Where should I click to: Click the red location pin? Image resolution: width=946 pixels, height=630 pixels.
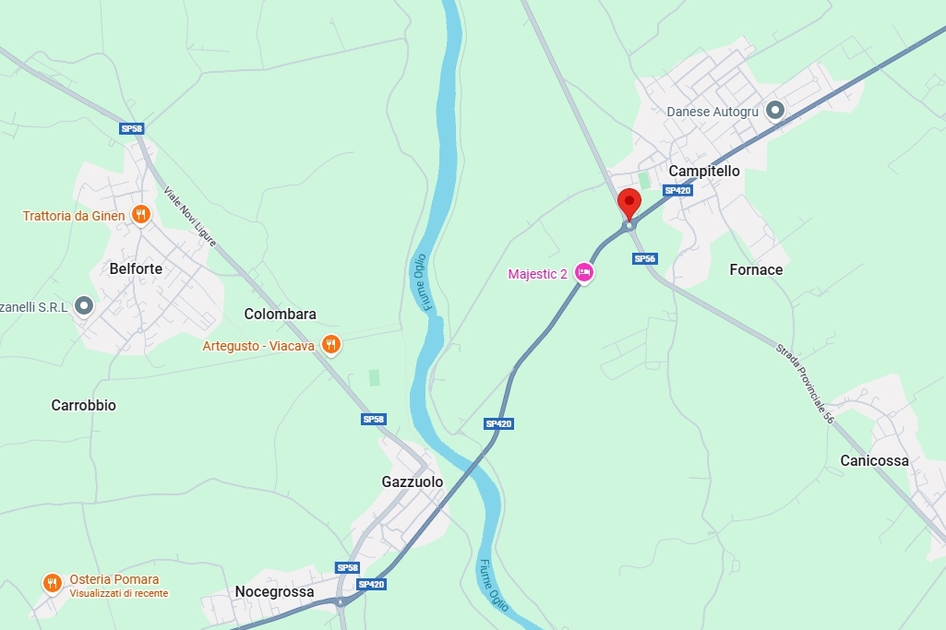pyautogui.click(x=629, y=203)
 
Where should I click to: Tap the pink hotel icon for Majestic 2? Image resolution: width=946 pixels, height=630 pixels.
pyautogui.click(x=583, y=272)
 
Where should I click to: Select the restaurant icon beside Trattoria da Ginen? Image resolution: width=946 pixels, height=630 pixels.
pyautogui.click(x=140, y=215)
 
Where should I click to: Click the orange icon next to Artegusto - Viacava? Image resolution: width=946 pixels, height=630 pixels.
pyautogui.click(x=331, y=345)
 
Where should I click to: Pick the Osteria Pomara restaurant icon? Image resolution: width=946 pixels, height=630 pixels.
pyautogui.click(x=53, y=583)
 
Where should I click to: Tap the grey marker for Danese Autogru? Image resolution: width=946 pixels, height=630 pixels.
pyautogui.click(x=775, y=111)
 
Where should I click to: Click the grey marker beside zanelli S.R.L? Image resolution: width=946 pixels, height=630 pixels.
pyautogui.click(x=85, y=305)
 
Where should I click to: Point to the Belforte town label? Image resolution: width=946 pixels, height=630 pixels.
pyautogui.click(x=136, y=269)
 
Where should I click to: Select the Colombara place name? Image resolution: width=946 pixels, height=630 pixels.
pyautogui.click(x=280, y=314)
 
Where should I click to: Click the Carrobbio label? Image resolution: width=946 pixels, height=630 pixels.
pyautogui.click(x=84, y=405)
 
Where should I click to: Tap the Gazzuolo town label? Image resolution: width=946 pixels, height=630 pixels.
pyautogui.click(x=413, y=481)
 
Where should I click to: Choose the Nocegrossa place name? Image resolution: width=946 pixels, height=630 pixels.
pyautogui.click(x=274, y=591)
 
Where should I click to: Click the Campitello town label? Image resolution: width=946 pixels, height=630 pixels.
pyautogui.click(x=704, y=171)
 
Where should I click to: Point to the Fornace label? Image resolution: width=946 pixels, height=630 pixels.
pyautogui.click(x=756, y=269)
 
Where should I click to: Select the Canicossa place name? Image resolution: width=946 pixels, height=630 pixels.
pyautogui.click(x=874, y=460)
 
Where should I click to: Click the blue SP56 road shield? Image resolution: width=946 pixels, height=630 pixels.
pyautogui.click(x=644, y=259)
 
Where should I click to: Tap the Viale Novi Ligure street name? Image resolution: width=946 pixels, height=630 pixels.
pyautogui.click(x=190, y=217)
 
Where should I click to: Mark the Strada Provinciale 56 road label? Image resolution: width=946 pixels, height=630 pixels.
pyautogui.click(x=805, y=385)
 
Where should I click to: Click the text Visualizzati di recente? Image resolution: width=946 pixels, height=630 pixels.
pyautogui.click(x=119, y=593)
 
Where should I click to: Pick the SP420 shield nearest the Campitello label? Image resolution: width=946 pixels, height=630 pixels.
pyautogui.click(x=677, y=191)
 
